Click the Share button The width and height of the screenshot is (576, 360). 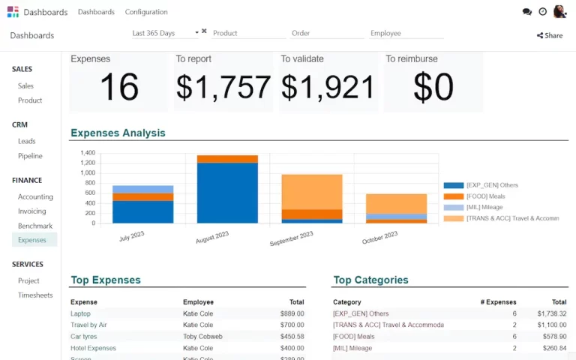[550, 35]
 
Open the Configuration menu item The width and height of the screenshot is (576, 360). [146, 12]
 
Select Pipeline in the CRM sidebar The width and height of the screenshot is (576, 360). [30, 156]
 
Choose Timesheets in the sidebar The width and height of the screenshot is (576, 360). [35, 295]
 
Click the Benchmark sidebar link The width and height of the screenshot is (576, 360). [35, 226]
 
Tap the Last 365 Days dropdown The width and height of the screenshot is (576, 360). [165, 33]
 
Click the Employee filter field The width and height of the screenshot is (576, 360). [406, 33]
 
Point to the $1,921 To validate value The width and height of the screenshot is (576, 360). [328, 88]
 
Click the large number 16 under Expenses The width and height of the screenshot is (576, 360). [118, 88]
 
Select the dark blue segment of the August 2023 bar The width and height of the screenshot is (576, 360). [227, 193]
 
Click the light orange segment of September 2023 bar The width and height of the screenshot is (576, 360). [312, 191]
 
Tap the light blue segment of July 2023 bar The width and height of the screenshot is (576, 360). [143, 189]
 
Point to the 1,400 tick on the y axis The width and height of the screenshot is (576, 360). [88, 153]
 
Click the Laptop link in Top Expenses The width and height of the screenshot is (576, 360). [80, 313]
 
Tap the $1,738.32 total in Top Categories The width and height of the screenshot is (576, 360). [551, 313]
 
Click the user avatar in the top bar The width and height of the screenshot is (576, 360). [559, 12]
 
